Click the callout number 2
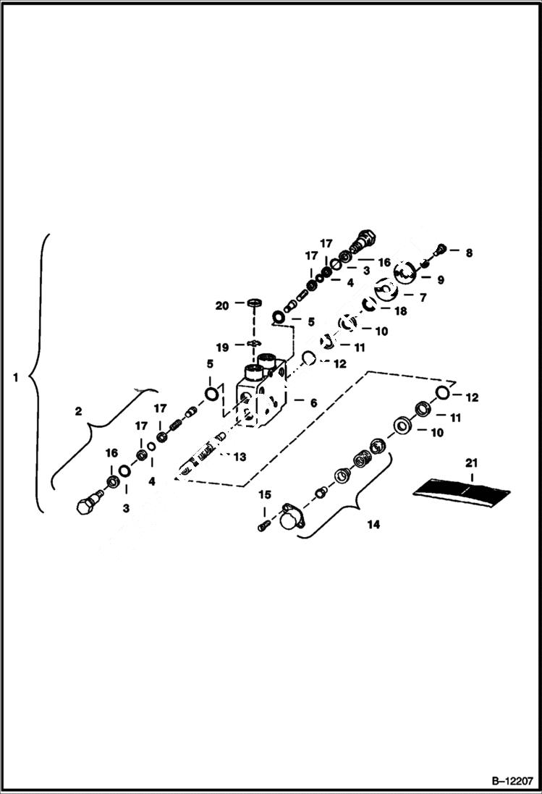(x=78, y=411)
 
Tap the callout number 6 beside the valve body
(x=313, y=402)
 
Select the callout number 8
(x=468, y=253)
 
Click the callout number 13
(x=240, y=456)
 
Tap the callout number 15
(x=265, y=494)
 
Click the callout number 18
(x=399, y=311)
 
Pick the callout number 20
(x=222, y=306)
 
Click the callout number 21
(x=472, y=463)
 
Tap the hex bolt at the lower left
(x=87, y=504)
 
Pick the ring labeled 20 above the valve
(x=254, y=301)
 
